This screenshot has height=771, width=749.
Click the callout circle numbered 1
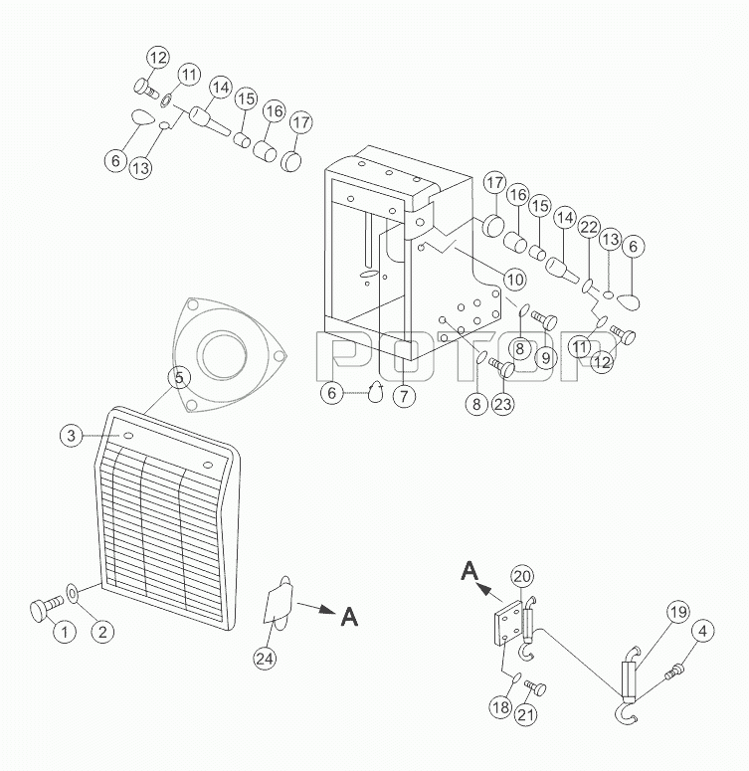pyautogui.click(x=65, y=631)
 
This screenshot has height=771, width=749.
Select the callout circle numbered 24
pyautogui.click(x=265, y=658)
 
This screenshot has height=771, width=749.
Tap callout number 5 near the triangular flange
pyautogui.click(x=179, y=378)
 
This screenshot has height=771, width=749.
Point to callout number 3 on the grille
pyautogui.click(x=72, y=435)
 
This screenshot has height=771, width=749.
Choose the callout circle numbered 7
pyautogui.click(x=404, y=395)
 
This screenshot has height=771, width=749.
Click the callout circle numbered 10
pyautogui.click(x=515, y=280)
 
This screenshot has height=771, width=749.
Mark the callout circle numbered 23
pyautogui.click(x=503, y=404)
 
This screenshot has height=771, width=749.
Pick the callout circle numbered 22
pyautogui.click(x=589, y=227)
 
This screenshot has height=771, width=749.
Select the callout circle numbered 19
pyautogui.click(x=678, y=612)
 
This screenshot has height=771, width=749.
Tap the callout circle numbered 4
pyautogui.click(x=703, y=631)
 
